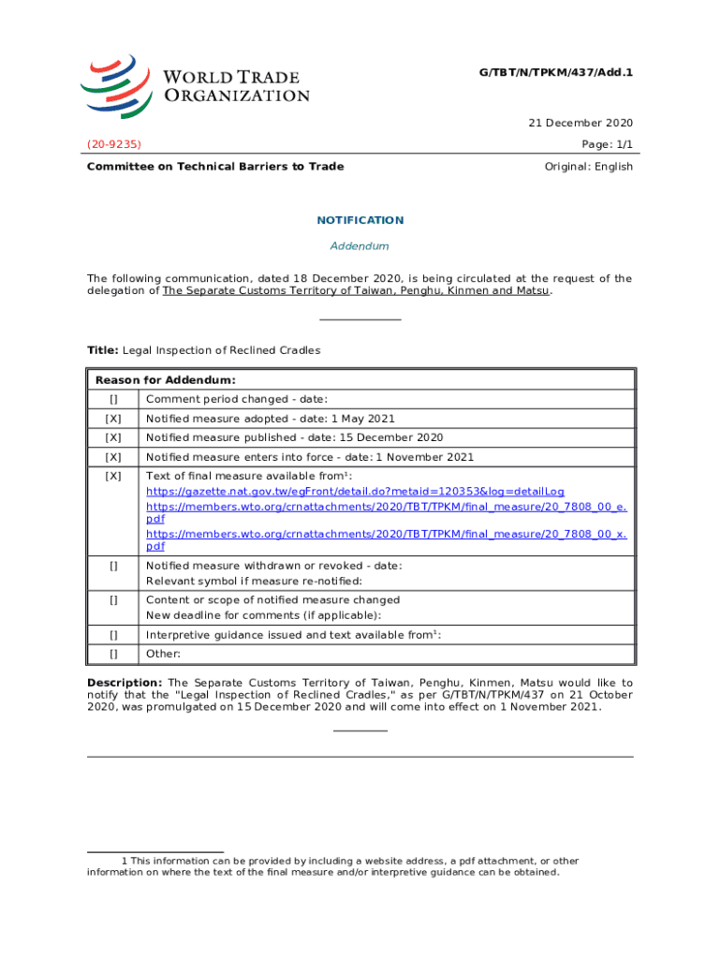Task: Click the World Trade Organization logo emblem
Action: pyautogui.click(x=115, y=85)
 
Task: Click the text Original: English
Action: pyautogui.click(x=588, y=167)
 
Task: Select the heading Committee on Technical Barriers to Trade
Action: pyautogui.click(x=215, y=167)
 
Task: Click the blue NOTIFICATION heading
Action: pyautogui.click(x=360, y=220)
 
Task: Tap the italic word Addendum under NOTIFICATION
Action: pyautogui.click(x=360, y=246)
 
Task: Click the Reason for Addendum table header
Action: pyautogui.click(x=165, y=380)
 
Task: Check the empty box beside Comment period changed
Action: pyautogui.click(x=113, y=400)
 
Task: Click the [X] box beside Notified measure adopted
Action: pyautogui.click(x=113, y=419)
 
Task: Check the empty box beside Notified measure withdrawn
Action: pyautogui.click(x=113, y=566)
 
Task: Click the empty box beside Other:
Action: pyautogui.click(x=113, y=654)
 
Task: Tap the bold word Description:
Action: pyautogui.click(x=125, y=683)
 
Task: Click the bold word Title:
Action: pyautogui.click(x=102, y=350)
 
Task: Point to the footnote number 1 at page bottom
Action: pyautogui.click(x=125, y=861)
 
